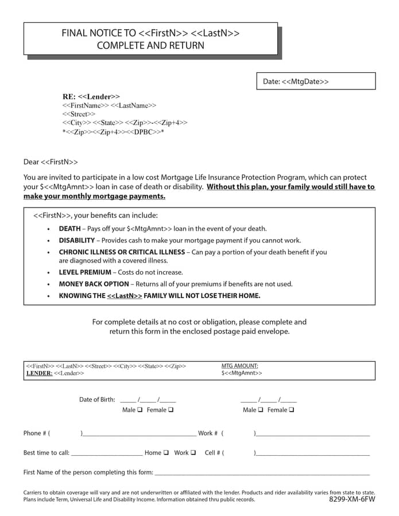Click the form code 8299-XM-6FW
pos(352,499)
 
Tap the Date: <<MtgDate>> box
pos(315,81)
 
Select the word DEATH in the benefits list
pos(69,229)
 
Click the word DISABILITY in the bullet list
pos(76,240)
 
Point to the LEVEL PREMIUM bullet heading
pos(85,272)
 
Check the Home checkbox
pos(166,452)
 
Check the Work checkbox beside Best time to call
pos(193,452)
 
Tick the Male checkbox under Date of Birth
pos(140,410)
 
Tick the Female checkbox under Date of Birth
pos(171,410)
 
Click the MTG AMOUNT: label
pos(239,366)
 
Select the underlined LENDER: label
pos(39,373)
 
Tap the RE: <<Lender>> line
pos(91,97)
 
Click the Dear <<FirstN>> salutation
pos(51,162)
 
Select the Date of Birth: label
pos(97,400)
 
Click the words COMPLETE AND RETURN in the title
pos(150,45)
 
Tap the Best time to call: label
pos(47,453)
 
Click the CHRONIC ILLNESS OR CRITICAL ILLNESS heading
pos(122,252)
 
